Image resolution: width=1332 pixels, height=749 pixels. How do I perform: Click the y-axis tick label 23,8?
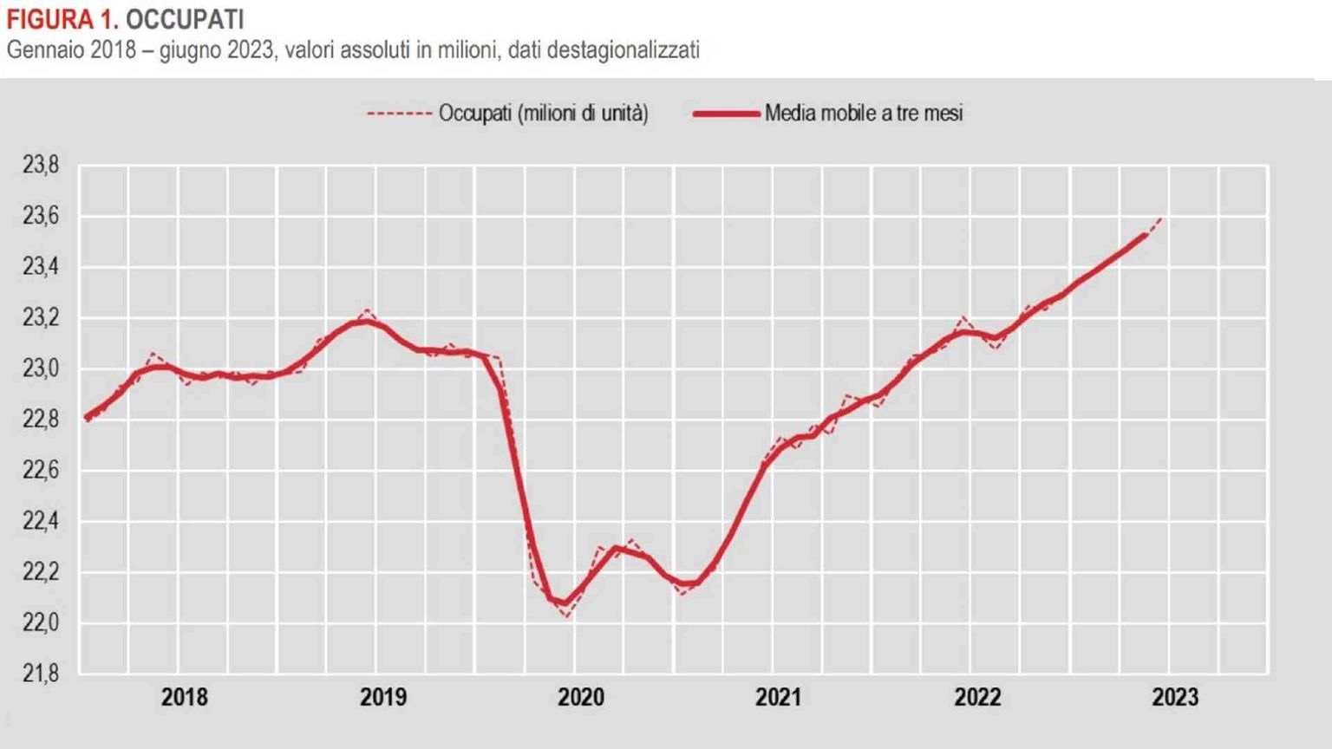pyautogui.click(x=41, y=165)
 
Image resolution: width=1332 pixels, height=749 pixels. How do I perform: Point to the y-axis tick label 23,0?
pyautogui.click(x=41, y=368)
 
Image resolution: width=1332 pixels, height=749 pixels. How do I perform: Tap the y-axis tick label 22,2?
pyautogui.click(x=41, y=572)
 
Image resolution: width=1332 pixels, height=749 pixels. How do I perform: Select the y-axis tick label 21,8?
pyautogui.click(x=41, y=674)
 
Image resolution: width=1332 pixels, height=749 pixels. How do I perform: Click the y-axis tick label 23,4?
pyautogui.click(x=41, y=267)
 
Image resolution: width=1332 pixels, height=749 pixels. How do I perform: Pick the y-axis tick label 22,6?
pyautogui.click(x=41, y=471)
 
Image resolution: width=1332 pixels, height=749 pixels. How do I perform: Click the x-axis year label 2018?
pyautogui.click(x=185, y=697)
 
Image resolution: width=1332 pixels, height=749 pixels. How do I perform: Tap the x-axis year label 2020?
pyautogui.click(x=581, y=697)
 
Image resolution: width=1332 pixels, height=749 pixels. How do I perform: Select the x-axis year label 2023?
pyautogui.click(x=1175, y=697)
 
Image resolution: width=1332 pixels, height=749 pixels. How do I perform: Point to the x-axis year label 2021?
pyautogui.click(x=779, y=697)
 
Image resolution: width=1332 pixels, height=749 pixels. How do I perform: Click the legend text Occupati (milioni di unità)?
pyautogui.click(x=543, y=114)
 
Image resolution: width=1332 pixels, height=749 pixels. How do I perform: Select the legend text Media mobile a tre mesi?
pyautogui.click(x=864, y=114)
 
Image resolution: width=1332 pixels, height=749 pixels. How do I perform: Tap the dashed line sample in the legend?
pyautogui.click(x=399, y=114)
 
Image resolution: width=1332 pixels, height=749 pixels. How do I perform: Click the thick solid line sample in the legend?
pyautogui.click(x=726, y=114)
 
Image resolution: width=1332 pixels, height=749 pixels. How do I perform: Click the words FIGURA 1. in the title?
pyautogui.click(x=62, y=19)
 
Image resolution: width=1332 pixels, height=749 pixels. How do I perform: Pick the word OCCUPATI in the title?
pyautogui.click(x=185, y=19)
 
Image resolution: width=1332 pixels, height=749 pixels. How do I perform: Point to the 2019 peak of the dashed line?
pyautogui.click(x=368, y=309)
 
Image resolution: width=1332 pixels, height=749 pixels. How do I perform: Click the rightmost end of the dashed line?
pyautogui.click(x=1161, y=218)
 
